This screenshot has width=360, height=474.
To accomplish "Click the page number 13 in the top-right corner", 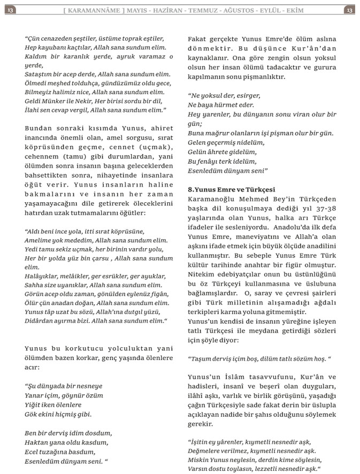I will [349, 10].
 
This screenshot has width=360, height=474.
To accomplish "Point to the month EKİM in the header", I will [320, 10].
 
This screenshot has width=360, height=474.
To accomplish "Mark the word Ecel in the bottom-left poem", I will [33, 452].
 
